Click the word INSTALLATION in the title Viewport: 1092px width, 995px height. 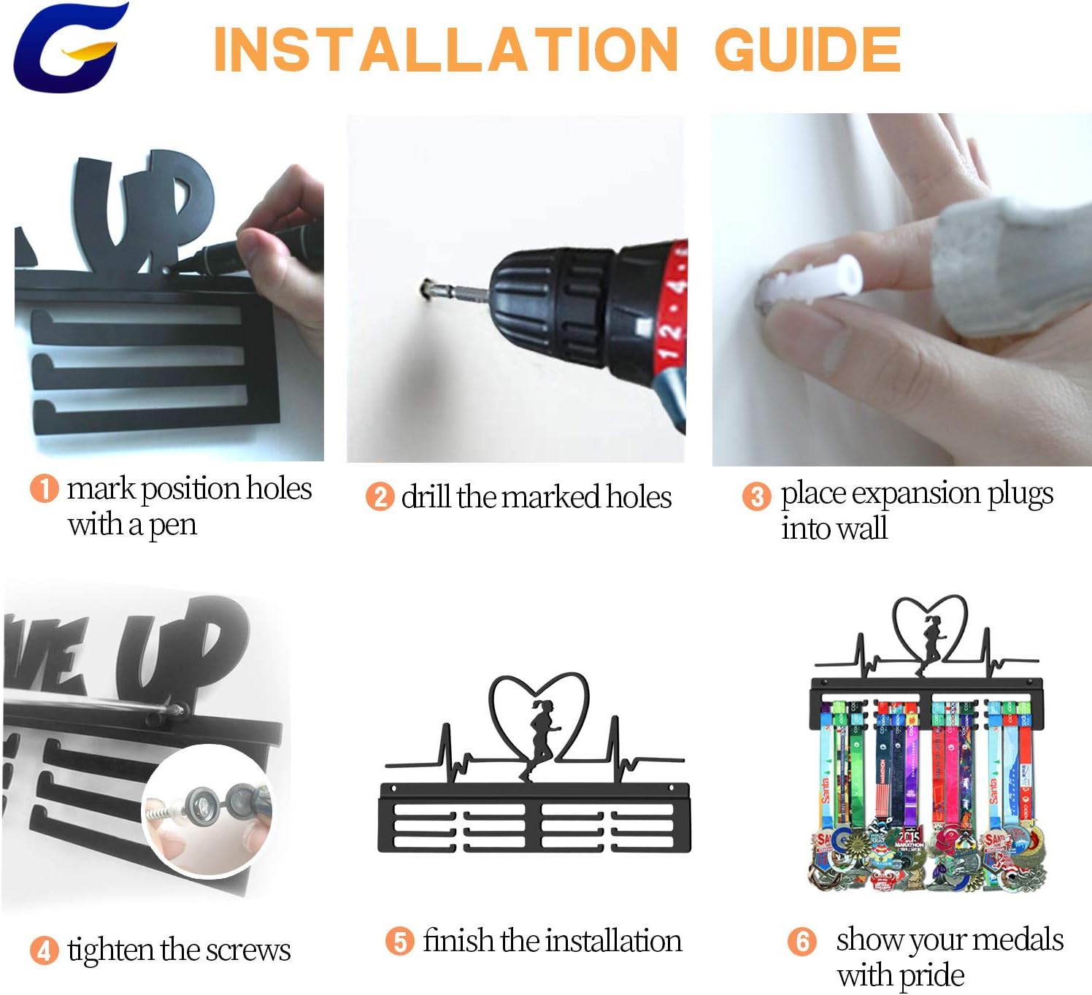tap(446, 50)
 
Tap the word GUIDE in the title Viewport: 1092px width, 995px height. tap(808, 50)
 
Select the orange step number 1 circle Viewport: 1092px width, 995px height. tap(44, 488)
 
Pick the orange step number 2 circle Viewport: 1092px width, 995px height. tap(380, 496)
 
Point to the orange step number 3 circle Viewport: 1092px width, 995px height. tap(757, 496)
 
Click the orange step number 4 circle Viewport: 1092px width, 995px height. tap(44, 950)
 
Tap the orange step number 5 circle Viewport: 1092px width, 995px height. tap(400, 942)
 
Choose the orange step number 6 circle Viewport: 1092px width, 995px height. tap(802, 942)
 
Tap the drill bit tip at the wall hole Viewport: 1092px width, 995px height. tap(426, 287)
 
